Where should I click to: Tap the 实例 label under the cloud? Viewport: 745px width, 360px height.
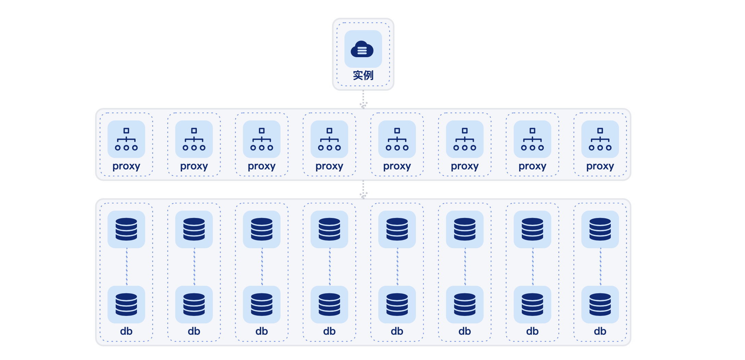[363, 75]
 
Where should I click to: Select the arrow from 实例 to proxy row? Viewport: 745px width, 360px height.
[363, 100]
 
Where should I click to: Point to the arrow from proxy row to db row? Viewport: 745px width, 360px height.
[363, 190]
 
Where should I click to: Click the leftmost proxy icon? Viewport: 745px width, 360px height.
[126, 139]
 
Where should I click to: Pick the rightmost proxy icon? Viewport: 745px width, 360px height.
[600, 139]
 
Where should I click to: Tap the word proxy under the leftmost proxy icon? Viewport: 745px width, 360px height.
[126, 166]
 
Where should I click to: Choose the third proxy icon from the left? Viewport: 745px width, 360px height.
[262, 139]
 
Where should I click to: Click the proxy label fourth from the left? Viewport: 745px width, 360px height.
[329, 166]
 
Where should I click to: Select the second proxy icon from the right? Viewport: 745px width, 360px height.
[532, 139]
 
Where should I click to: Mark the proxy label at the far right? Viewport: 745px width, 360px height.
[600, 166]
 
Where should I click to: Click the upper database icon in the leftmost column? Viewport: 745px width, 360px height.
[126, 229]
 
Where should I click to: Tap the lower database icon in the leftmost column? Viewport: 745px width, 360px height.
[126, 304]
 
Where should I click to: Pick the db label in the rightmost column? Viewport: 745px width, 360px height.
[600, 331]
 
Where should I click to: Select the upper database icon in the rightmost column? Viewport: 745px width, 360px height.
[600, 229]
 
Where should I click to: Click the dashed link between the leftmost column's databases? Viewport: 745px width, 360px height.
[127, 267]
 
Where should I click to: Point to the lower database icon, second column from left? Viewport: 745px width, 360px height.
[194, 304]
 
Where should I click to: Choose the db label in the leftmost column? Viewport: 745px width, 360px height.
[126, 331]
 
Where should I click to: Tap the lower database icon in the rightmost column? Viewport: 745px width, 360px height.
[600, 304]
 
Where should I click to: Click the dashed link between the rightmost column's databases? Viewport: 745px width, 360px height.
[600, 267]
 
